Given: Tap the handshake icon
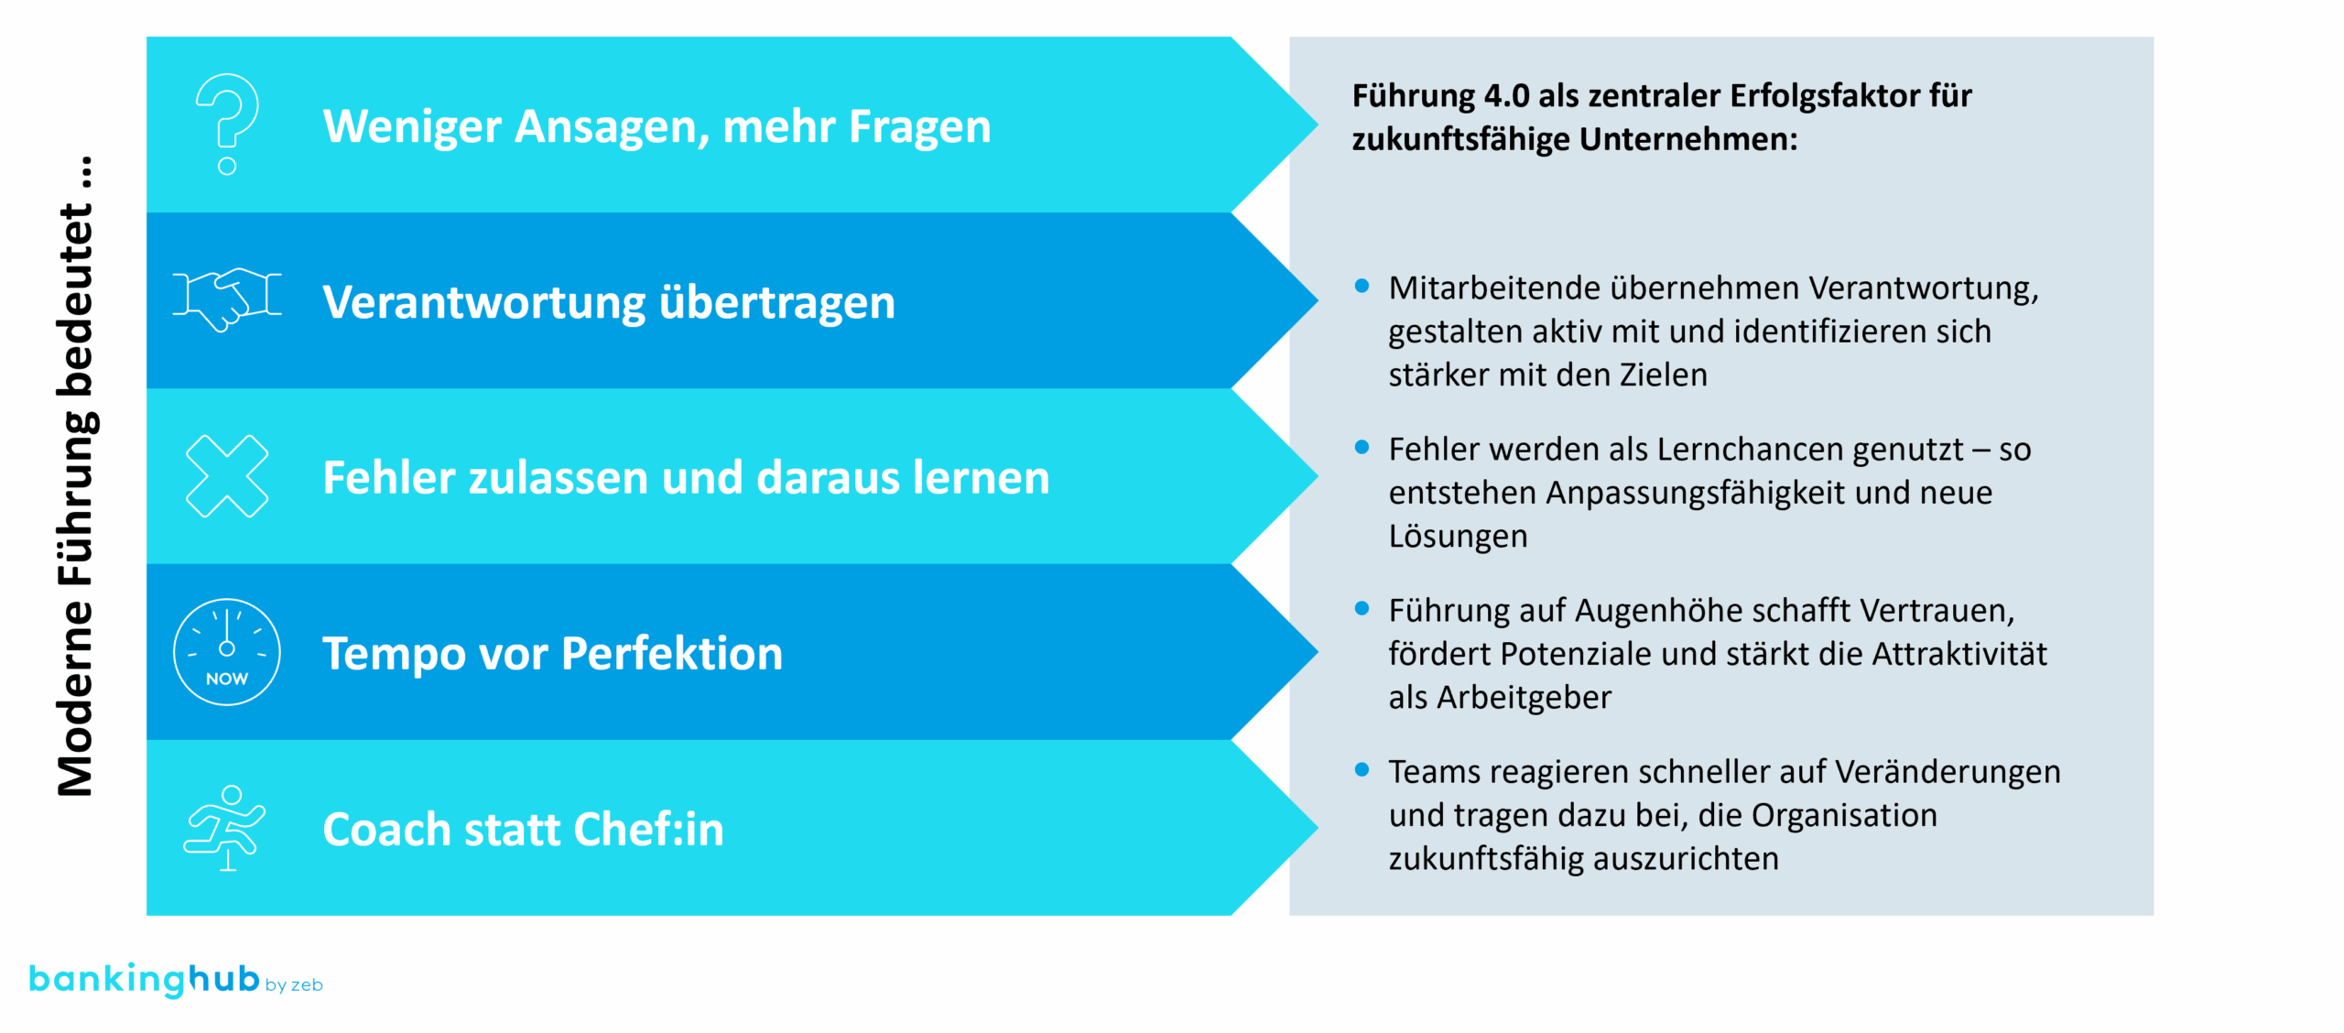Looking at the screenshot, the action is (x=227, y=299).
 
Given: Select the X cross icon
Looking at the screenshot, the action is (x=227, y=476).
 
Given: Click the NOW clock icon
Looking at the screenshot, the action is (x=227, y=652).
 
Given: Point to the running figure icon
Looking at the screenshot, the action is (x=225, y=828).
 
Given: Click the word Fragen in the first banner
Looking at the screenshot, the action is (x=919, y=127).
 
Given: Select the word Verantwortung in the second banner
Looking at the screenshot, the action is (x=484, y=302).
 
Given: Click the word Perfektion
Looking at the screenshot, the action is (x=672, y=653).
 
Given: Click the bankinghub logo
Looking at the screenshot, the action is (x=145, y=979).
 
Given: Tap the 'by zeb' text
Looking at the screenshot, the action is (x=294, y=984).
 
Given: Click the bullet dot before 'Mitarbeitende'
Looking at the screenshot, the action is (x=1362, y=286).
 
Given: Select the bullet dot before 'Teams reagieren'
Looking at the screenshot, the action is (x=1362, y=769).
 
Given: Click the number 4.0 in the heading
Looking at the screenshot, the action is (x=1506, y=95).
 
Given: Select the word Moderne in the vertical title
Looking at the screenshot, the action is (x=76, y=699).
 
